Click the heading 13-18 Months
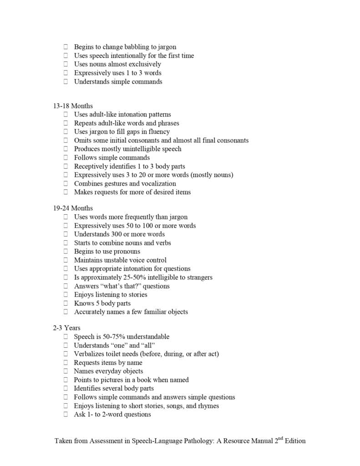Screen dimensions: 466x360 pyautogui.click(x=72, y=106)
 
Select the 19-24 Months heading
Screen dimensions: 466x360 pyautogui.click(x=72, y=208)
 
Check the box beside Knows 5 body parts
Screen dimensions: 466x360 pyautogui.click(x=66, y=304)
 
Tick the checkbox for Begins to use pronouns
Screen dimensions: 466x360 pyautogui.click(x=66, y=252)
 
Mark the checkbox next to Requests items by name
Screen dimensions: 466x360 pyautogui.click(x=66, y=363)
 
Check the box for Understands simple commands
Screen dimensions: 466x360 pyautogui.click(x=66, y=82)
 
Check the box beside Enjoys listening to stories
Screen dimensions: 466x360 pyautogui.click(x=66, y=295)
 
